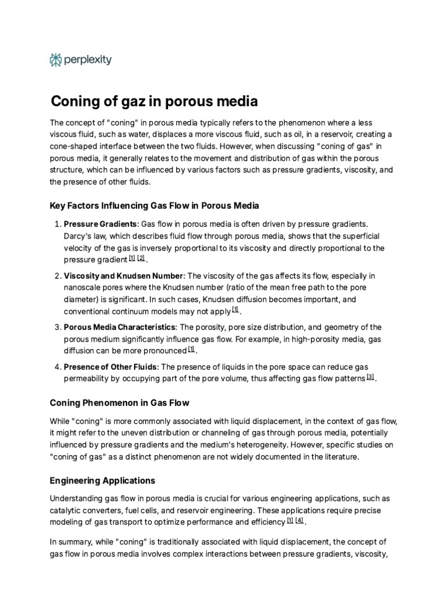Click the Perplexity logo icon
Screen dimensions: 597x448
(56, 59)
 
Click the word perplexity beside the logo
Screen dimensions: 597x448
(88, 59)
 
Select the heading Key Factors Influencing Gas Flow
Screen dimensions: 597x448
(155, 206)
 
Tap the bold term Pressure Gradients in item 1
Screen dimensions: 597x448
(100, 224)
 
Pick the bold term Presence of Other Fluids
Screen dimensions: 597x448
(110, 367)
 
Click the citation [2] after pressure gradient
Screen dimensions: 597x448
(141, 258)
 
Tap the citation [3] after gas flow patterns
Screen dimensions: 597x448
(370, 377)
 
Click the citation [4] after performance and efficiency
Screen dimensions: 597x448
(299, 521)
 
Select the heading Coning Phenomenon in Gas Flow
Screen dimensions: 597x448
(120, 403)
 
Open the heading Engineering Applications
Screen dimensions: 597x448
(103, 481)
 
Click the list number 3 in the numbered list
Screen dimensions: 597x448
(57, 327)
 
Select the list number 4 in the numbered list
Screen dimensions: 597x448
(57, 367)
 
